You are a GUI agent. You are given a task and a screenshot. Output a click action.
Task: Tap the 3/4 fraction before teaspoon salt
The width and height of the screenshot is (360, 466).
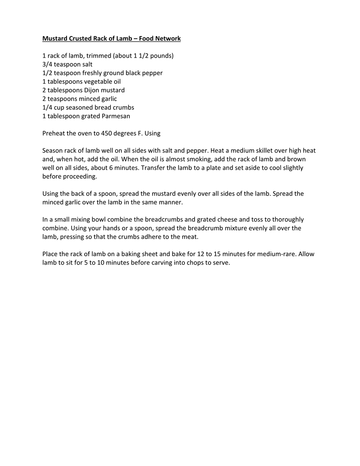(47, 64)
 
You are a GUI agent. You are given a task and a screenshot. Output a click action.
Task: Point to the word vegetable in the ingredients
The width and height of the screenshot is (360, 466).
(92, 81)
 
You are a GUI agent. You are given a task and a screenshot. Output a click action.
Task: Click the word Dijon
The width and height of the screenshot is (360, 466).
(93, 90)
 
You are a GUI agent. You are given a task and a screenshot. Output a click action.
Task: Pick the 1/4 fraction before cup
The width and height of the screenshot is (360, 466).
(47, 108)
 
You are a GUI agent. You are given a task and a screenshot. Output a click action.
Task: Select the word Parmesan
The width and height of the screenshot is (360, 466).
(116, 116)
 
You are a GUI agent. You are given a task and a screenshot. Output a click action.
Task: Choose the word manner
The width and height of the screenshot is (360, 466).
(171, 202)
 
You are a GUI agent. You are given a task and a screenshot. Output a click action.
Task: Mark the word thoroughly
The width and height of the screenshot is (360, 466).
(288, 220)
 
